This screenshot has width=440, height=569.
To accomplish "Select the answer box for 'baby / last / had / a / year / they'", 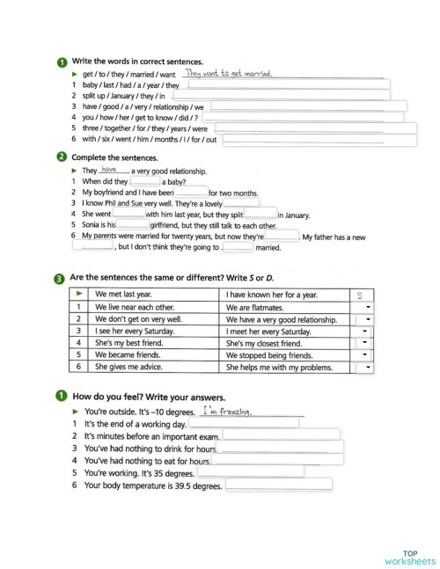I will click(x=286, y=85).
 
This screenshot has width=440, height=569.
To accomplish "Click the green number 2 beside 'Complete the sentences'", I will click(x=60, y=157).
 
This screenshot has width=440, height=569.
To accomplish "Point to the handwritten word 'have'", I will click(x=110, y=169).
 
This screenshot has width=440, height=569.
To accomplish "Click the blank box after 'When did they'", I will click(x=144, y=181).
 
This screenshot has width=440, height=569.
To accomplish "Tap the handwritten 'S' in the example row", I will click(x=360, y=295).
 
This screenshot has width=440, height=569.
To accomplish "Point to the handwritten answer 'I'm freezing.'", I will click(x=227, y=411).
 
